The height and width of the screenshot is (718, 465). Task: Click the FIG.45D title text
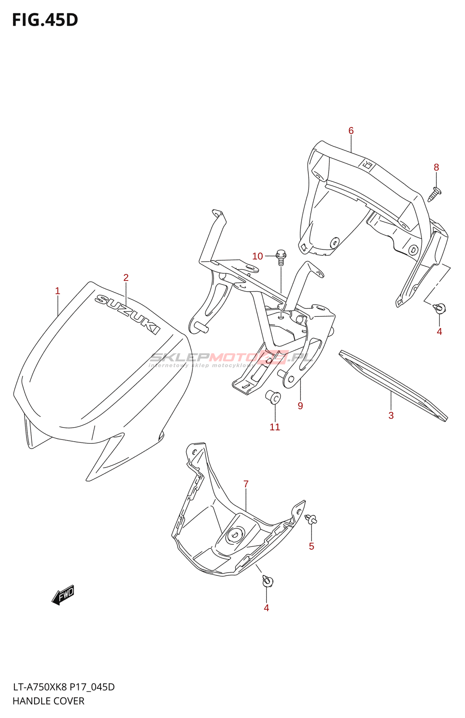pos(45,20)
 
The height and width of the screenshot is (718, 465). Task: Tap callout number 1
pos(57,291)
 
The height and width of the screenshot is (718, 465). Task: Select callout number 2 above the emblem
pos(126,278)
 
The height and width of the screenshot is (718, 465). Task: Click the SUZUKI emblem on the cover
pos(127,315)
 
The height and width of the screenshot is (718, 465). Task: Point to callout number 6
pos(351,131)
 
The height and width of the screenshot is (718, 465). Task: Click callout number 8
pos(436,167)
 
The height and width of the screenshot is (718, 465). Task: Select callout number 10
pos(258,256)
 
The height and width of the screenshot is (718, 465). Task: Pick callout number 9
pos(300,406)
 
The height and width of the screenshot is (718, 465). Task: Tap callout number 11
pos(275,427)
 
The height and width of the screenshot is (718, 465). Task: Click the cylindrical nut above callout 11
pos(273,398)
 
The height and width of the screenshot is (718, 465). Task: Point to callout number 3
pos(391,416)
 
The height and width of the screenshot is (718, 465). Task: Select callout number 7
pos(246,484)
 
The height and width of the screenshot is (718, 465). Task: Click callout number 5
pos(311,546)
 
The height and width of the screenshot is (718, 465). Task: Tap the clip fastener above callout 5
pos(311,519)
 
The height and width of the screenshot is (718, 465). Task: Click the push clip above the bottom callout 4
pos(268,581)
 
